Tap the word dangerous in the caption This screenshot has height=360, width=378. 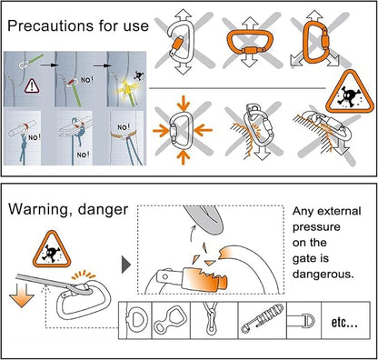(323, 275)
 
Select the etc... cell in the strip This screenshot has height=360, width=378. (345, 320)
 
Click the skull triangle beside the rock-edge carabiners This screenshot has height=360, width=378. (350, 92)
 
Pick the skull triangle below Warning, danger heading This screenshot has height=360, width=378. (52, 250)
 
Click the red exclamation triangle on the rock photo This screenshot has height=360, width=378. (32, 85)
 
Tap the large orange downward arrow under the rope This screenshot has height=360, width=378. (22, 295)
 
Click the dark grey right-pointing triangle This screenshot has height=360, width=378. (126, 265)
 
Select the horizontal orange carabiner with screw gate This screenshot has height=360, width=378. (250, 42)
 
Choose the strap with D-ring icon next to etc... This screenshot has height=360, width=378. (300, 321)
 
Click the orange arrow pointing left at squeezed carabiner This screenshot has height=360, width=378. (204, 131)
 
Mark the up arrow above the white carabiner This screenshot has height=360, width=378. (184, 15)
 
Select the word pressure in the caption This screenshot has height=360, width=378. (316, 227)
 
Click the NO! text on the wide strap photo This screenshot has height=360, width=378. (124, 126)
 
